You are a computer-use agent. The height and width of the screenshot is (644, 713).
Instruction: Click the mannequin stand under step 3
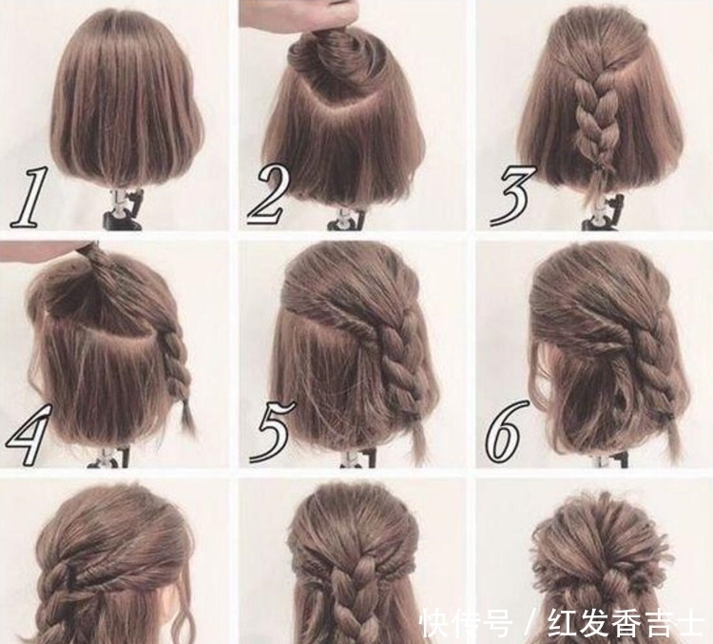tap(603, 211)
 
